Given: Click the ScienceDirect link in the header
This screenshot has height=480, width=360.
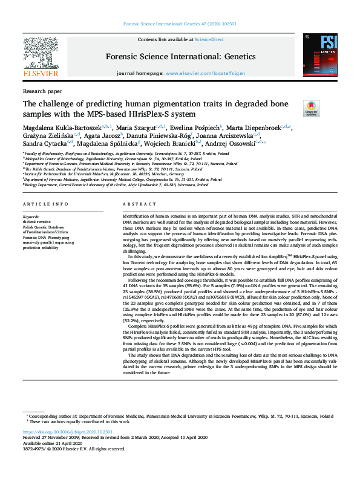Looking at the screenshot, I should click(x=210, y=39).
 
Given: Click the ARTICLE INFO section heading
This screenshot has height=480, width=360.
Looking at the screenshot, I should click(x=45, y=205).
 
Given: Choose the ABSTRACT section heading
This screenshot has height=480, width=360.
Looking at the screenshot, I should click(x=136, y=205).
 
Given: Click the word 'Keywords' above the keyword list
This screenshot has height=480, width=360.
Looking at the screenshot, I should click(x=31, y=216).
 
